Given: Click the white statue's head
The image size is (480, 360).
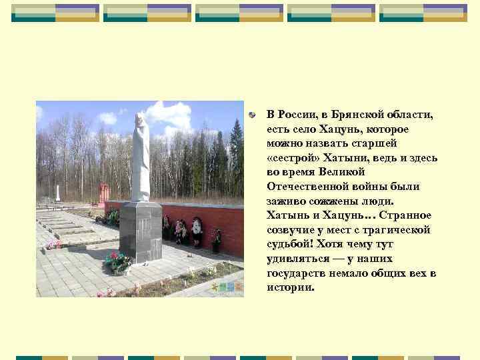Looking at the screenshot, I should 139,119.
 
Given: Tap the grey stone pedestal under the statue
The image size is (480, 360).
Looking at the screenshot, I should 140,230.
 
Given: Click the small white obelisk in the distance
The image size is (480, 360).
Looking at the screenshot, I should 58,193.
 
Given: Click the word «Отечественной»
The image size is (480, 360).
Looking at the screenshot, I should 305,186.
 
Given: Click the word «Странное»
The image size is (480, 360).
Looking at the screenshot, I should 405,215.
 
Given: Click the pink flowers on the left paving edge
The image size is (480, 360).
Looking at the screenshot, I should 53,245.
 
